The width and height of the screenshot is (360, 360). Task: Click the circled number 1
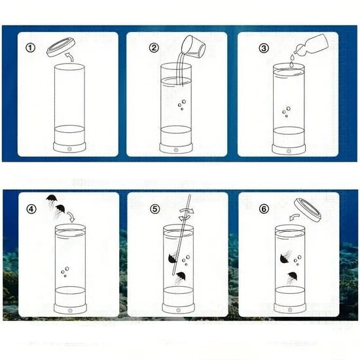30,48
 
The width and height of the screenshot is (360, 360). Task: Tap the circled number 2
154,48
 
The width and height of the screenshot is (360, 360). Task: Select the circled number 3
264,48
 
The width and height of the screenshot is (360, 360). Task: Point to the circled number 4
31,209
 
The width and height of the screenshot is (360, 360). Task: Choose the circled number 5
154,209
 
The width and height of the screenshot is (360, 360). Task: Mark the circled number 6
264,209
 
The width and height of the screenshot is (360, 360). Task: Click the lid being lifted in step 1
61,47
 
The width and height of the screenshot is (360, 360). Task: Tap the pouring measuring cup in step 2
194,46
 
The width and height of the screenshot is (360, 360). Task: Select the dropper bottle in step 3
312,45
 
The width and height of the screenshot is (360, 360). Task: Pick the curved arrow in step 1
69,56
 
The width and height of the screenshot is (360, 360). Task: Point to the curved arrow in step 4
71,217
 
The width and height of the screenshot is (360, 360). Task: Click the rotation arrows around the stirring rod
186,214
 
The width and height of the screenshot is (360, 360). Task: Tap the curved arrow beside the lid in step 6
295,217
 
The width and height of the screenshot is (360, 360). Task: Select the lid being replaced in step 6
308,210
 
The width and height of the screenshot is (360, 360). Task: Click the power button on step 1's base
69,149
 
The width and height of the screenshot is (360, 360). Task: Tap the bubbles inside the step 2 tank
182,105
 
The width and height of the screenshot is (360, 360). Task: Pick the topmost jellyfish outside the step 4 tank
52,199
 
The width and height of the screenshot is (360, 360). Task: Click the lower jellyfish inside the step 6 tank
293,278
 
